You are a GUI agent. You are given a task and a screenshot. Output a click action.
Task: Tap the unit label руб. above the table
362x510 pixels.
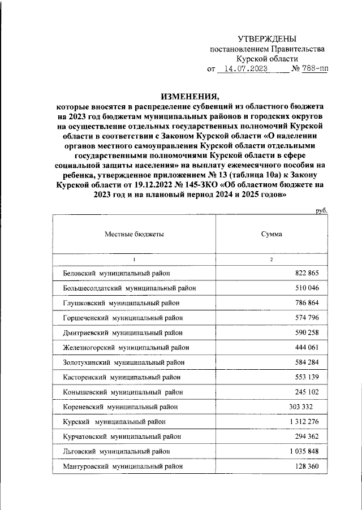tap(321, 210)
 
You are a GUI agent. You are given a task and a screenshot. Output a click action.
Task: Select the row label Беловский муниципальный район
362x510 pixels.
tap(117, 273)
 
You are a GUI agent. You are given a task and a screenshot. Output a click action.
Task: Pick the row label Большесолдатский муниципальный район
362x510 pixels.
tap(130, 288)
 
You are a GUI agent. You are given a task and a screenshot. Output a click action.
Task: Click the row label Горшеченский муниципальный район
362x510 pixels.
tap(123, 318)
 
